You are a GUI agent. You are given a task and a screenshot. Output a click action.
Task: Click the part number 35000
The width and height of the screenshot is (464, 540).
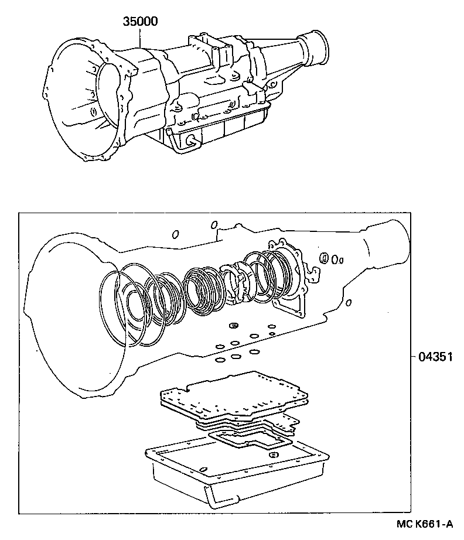coord(141,22)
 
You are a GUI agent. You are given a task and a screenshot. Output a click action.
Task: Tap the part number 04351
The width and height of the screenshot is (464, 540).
coord(435,356)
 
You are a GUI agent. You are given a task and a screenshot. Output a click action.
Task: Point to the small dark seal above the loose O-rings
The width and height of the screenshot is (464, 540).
coord(233,325)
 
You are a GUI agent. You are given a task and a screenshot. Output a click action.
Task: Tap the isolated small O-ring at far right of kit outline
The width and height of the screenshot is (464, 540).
coord(349,303)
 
